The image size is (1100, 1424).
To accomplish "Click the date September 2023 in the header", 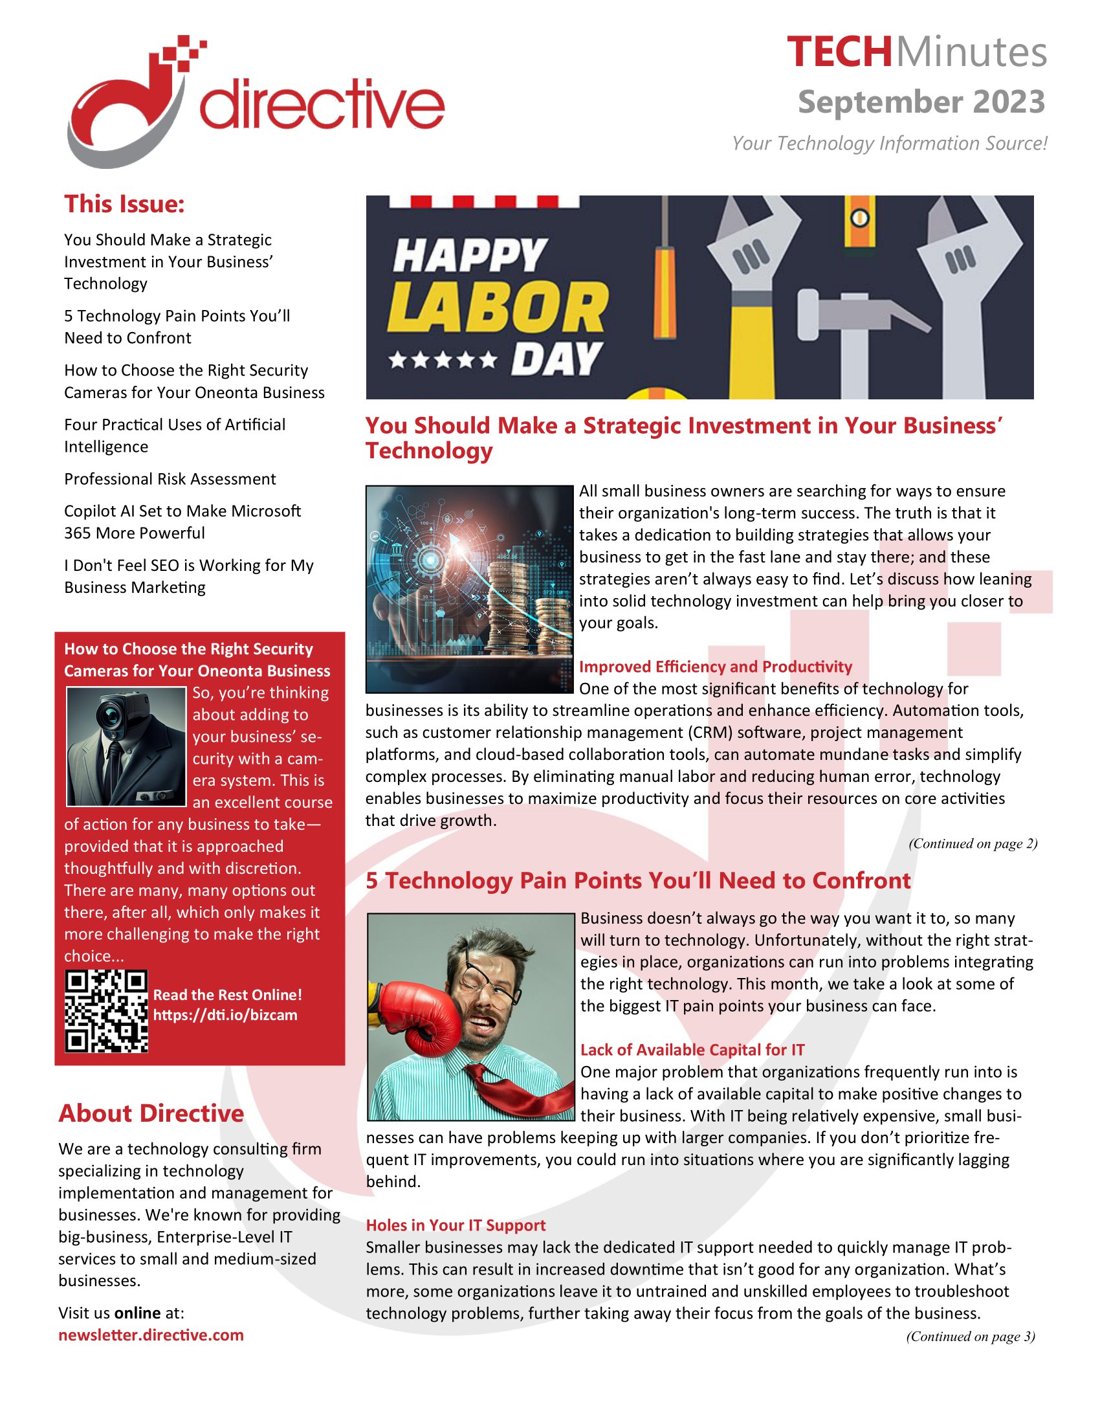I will tap(921, 102).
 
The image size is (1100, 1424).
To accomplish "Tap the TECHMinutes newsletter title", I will tap(916, 52).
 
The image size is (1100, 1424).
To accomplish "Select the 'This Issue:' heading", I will tap(124, 204).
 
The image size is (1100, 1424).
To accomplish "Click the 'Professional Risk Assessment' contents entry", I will tap(170, 479).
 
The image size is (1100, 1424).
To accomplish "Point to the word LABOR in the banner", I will tap(498, 307).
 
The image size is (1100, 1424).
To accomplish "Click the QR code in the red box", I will tap(106, 1011).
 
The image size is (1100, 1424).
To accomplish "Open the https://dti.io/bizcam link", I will tap(225, 1015).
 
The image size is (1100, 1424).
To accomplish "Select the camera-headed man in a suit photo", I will tap(126, 746).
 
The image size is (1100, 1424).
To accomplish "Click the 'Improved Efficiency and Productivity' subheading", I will tap(715, 666).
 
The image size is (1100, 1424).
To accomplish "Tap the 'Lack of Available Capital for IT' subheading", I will tap(692, 1050).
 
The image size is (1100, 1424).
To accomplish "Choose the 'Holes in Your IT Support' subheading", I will tap(456, 1225).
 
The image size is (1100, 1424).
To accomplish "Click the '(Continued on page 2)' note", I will tap(973, 843).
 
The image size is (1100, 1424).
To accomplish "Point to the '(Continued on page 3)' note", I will tap(970, 1337).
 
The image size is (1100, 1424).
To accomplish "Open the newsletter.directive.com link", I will tap(151, 1335).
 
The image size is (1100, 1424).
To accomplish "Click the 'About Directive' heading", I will tap(151, 1113).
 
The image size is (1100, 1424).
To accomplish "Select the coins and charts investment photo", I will tap(469, 589).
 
